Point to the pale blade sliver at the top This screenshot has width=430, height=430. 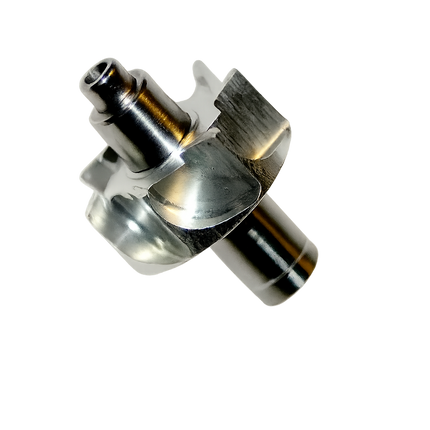coord(200,75)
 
